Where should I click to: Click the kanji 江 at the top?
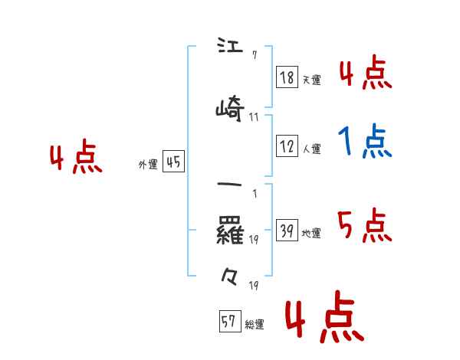(x=229, y=47)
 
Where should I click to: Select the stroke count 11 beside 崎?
(x=254, y=117)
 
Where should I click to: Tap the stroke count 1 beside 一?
(x=254, y=192)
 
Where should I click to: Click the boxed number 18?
(x=287, y=77)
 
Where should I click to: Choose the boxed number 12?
(x=287, y=147)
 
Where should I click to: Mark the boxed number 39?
(x=287, y=231)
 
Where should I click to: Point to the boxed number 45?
(x=173, y=162)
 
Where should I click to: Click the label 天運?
(x=311, y=80)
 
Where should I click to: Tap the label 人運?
(x=311, y=149)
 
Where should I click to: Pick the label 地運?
(x=311, y=234)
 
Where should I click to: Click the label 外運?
(x=147, y=164)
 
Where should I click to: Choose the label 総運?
(x=255, y=325)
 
